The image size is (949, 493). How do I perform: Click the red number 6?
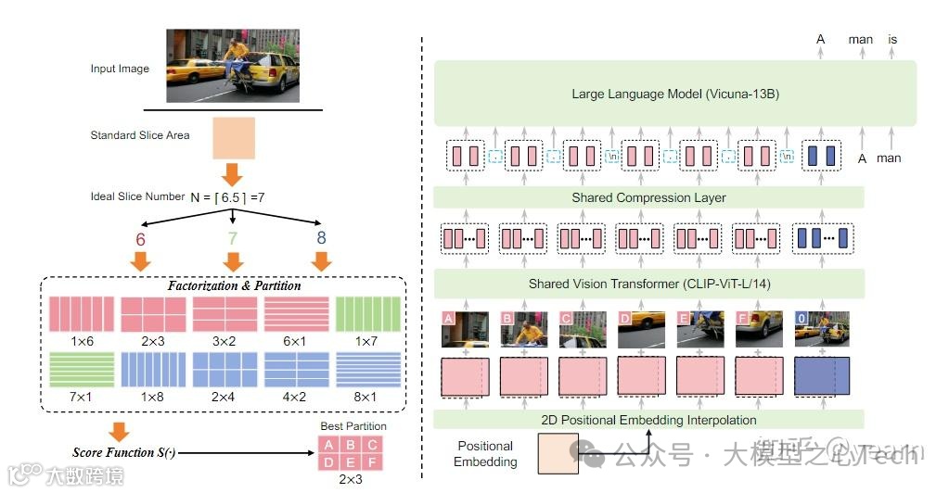140,238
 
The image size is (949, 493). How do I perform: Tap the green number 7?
232,238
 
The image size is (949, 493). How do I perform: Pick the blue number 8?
321,238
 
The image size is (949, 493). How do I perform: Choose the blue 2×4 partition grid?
224,372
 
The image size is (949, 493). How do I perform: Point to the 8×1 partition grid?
368,372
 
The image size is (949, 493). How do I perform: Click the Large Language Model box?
674,94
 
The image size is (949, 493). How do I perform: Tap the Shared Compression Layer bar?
648,197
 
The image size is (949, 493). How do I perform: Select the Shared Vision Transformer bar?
648,284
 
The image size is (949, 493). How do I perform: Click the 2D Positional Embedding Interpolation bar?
648,420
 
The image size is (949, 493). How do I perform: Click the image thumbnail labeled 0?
821,328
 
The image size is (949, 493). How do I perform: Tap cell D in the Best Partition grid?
327,461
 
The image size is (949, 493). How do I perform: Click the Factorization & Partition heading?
234,285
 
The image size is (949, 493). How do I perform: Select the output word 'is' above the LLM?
892,40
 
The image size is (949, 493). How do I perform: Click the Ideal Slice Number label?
137,197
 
